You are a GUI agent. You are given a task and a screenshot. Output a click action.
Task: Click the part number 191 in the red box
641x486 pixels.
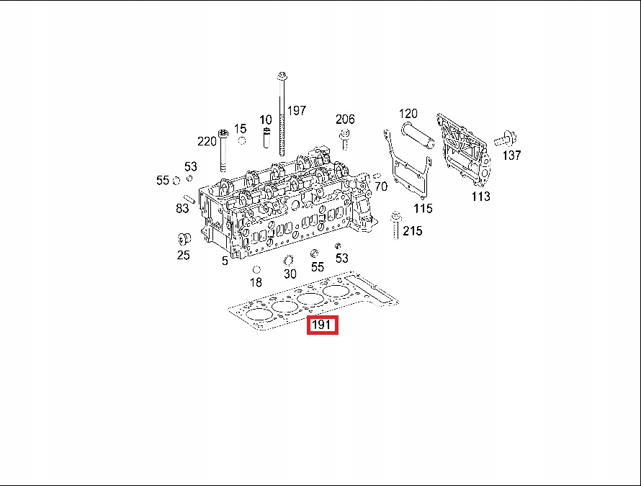(321, 325)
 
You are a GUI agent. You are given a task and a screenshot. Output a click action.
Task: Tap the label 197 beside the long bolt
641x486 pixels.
(297, 110)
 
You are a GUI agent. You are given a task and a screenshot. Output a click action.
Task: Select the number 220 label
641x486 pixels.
(207, 141)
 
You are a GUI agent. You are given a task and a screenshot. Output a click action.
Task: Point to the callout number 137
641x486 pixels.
(512, 156)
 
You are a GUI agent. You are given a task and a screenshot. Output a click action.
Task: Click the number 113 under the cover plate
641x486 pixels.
(481, 197)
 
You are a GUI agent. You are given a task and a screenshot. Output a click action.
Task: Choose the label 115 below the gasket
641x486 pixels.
(423, 209)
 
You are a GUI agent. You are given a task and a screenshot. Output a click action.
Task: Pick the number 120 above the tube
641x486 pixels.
(408, 113)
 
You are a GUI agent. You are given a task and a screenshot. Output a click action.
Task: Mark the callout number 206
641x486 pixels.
(345, 120)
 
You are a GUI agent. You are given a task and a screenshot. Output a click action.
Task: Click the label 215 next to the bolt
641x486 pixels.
(413, 231)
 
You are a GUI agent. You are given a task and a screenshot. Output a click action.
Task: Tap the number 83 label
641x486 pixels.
(182, 209)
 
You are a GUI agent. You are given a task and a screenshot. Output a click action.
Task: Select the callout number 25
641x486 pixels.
(183, 256)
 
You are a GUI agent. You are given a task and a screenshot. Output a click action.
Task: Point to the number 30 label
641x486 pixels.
(290, 274)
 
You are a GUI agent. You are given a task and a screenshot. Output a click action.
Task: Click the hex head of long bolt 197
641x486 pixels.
(282, 76)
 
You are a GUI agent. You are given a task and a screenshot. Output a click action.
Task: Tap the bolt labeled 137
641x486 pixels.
(506, 140)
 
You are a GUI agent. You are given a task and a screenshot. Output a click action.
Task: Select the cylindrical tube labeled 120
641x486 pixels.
(417, 134)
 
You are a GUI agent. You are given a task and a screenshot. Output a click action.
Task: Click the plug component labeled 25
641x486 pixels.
(184, 239)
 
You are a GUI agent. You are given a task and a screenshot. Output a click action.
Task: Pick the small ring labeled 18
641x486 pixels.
(256, 269)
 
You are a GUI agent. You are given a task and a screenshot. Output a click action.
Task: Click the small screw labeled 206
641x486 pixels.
(344, 139)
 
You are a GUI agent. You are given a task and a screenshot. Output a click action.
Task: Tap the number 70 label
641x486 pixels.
(381, 186)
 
